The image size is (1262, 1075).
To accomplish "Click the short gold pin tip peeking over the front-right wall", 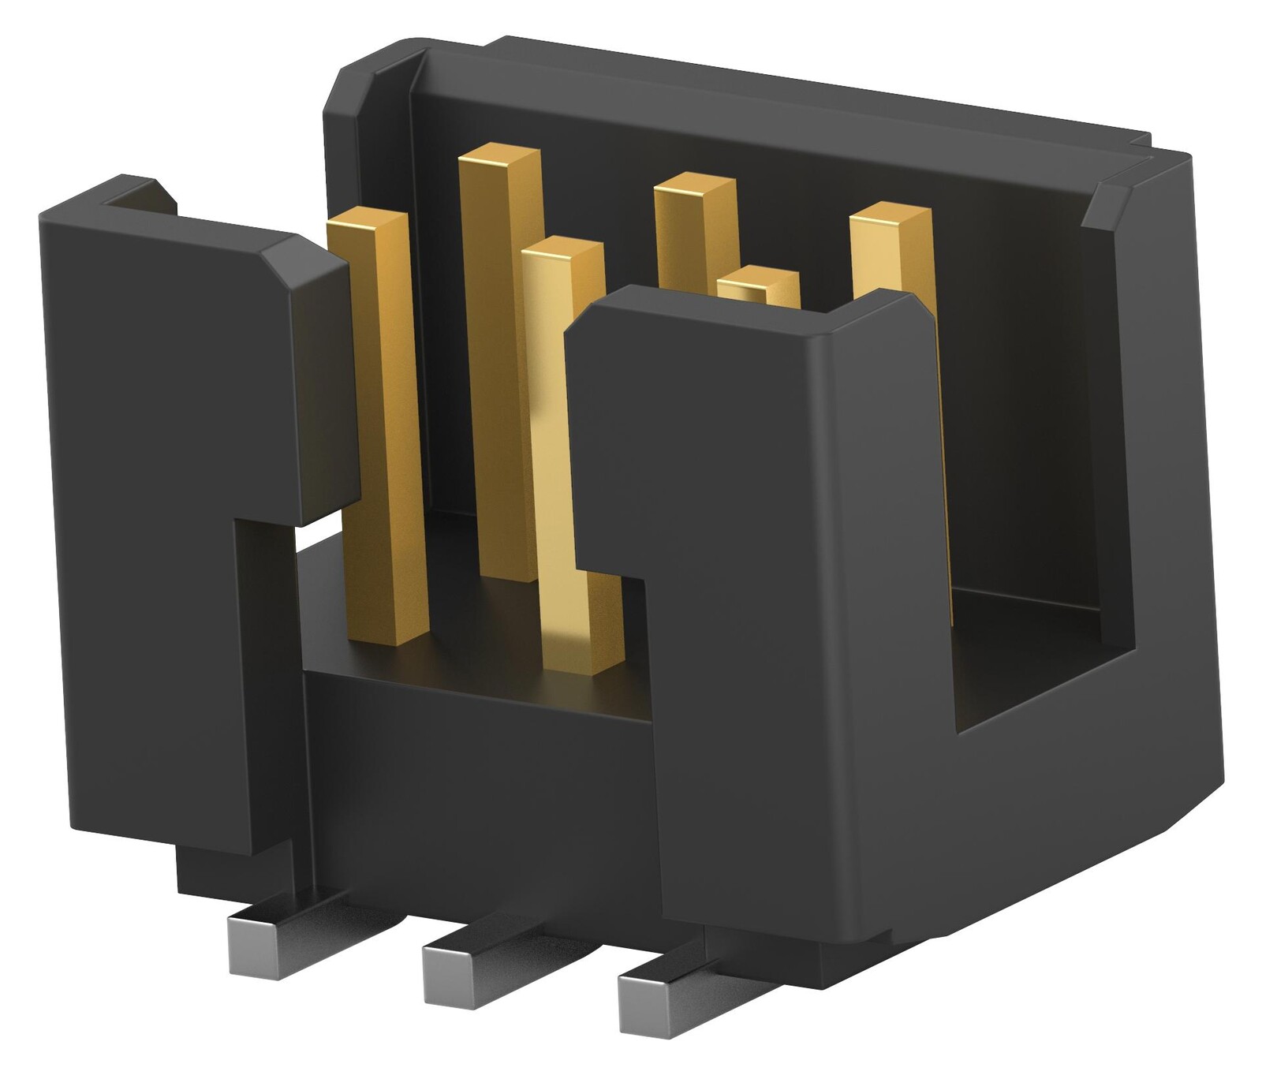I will [x=758, y=285].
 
